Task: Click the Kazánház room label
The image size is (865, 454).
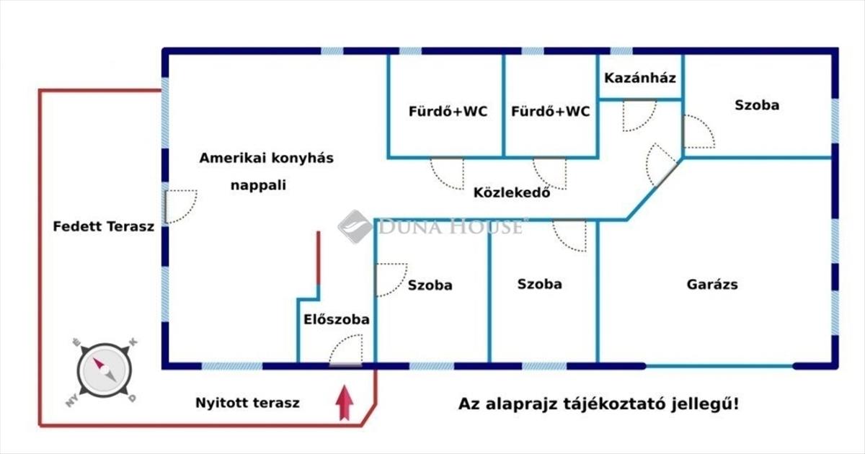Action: point(639,78)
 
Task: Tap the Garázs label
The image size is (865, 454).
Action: point(711,284)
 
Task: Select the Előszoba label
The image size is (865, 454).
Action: point(337,319)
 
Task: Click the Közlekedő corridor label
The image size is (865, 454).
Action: point(512,192)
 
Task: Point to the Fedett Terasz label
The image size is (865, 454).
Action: point(104,226)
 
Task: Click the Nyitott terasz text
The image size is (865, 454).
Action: point(247,403)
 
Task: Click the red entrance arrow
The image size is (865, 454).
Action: point(345,403)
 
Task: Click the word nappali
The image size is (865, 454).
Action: point(258,185)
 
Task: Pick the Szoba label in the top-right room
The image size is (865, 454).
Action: point(757,105)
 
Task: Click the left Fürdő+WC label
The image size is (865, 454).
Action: point(448,112)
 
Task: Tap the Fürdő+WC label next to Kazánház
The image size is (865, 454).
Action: point(551,112)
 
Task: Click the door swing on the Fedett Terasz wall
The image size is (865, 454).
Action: point(180,206)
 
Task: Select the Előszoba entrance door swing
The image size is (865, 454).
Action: point(345,352)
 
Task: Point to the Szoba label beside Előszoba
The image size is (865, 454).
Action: point(430,285)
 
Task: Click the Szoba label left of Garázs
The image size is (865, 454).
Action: point(539,284)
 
